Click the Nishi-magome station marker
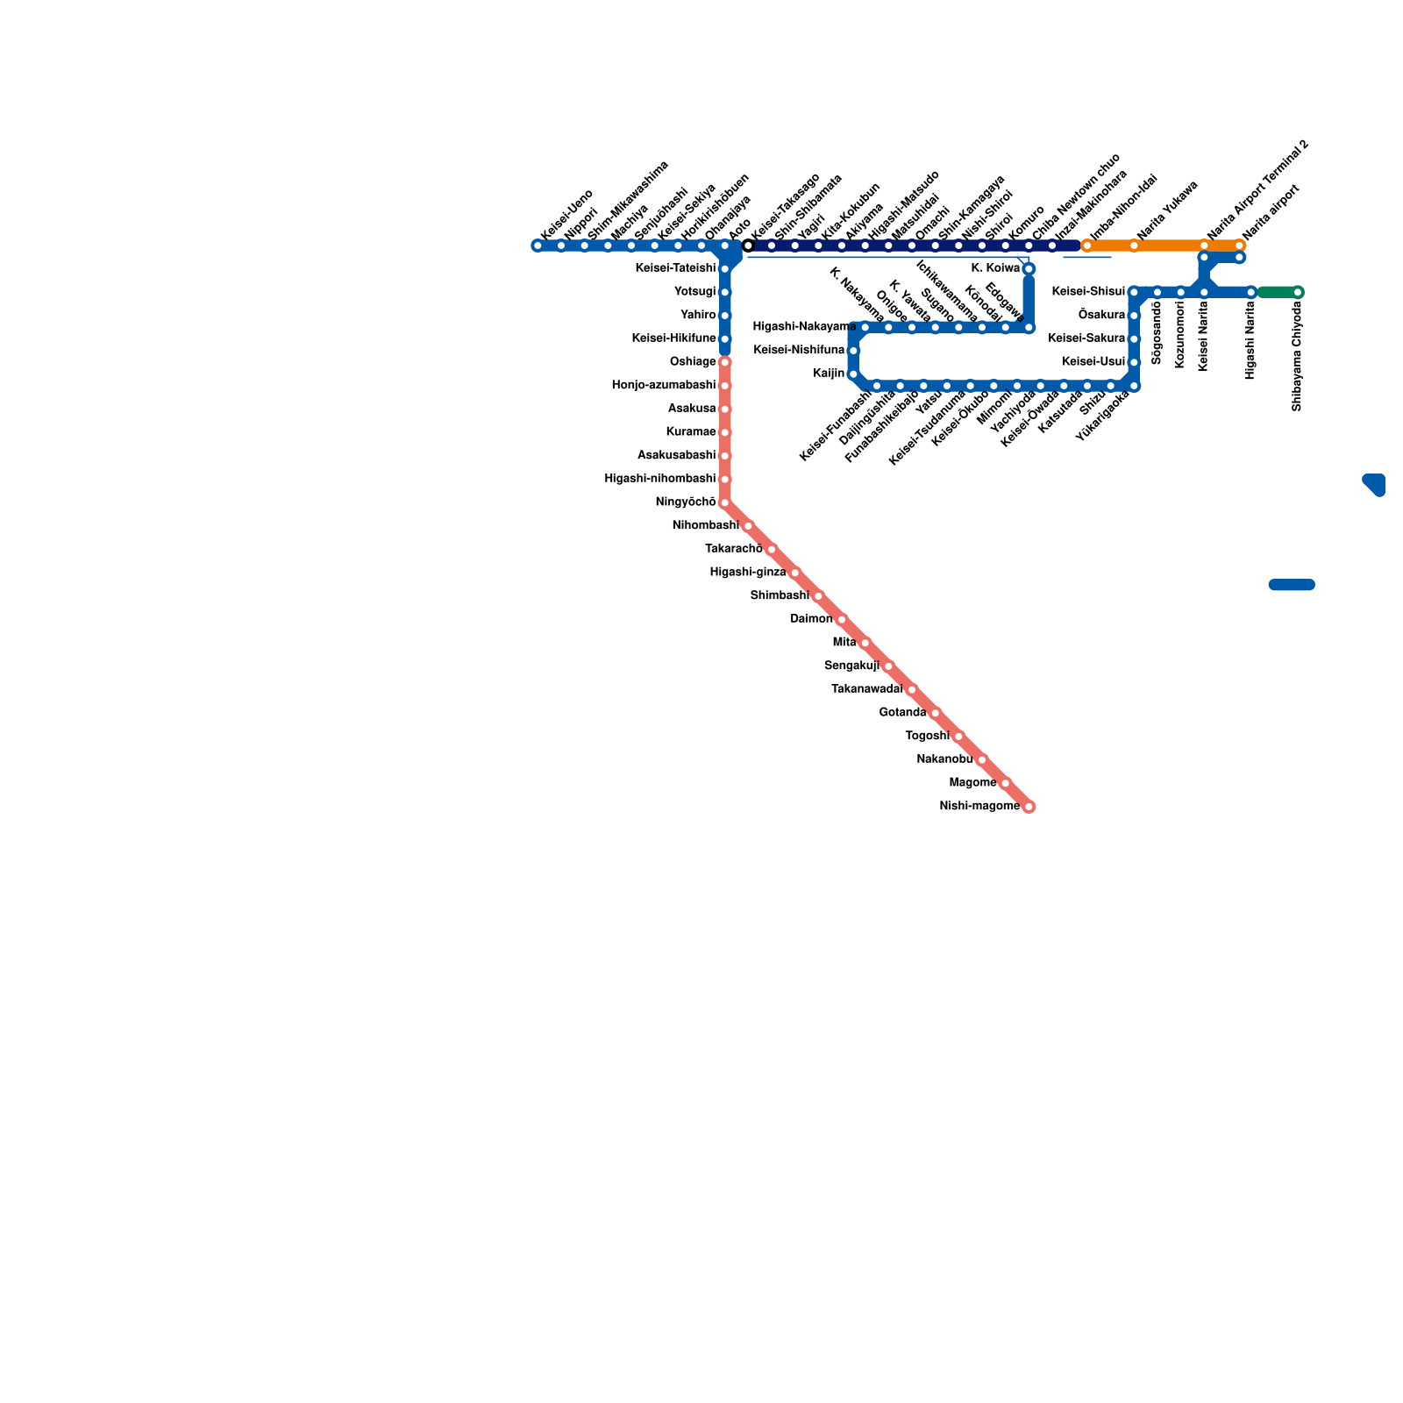[x=1029, y=807]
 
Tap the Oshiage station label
[x=693, y=362]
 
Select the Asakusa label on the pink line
[x=692, y=409]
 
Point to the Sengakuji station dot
[x=888, y=666]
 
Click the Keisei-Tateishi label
[x=675, y=268]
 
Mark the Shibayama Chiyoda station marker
[x=1298, y=292]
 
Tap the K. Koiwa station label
[x=996, y=268]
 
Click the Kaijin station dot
[x=853, y=374]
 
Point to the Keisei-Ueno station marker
[x=538, y=246]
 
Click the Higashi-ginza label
[x=748, y=573]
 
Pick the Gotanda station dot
[x=935, y=713]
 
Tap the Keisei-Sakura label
[x=1086, y=338]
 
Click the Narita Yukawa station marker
[x=1134, y=246]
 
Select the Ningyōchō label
[x=686, y=502]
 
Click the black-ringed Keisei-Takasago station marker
[x=748, y=246]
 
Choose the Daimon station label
[x=811, y=619]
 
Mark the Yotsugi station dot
[x=724, y=292]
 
